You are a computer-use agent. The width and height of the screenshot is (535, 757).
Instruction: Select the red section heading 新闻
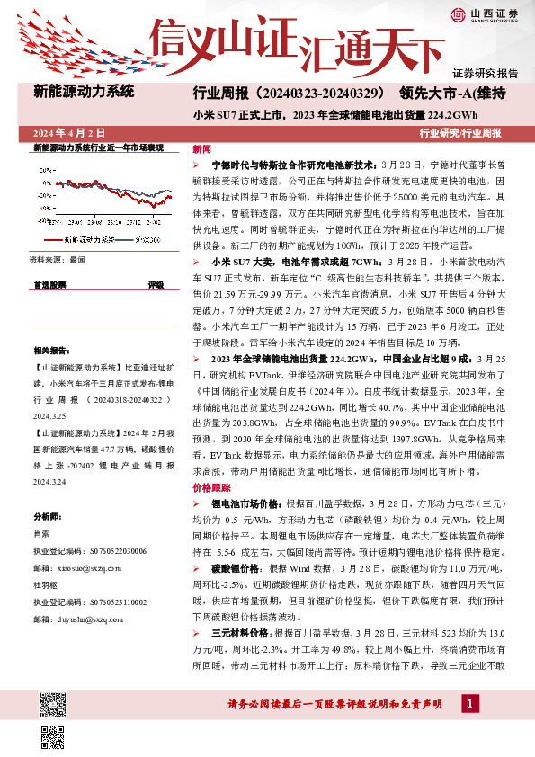(201, 149)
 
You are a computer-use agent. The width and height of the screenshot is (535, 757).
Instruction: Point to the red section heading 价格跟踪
(209, 486)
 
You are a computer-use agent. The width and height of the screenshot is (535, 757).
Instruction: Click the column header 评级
(156, 284)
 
